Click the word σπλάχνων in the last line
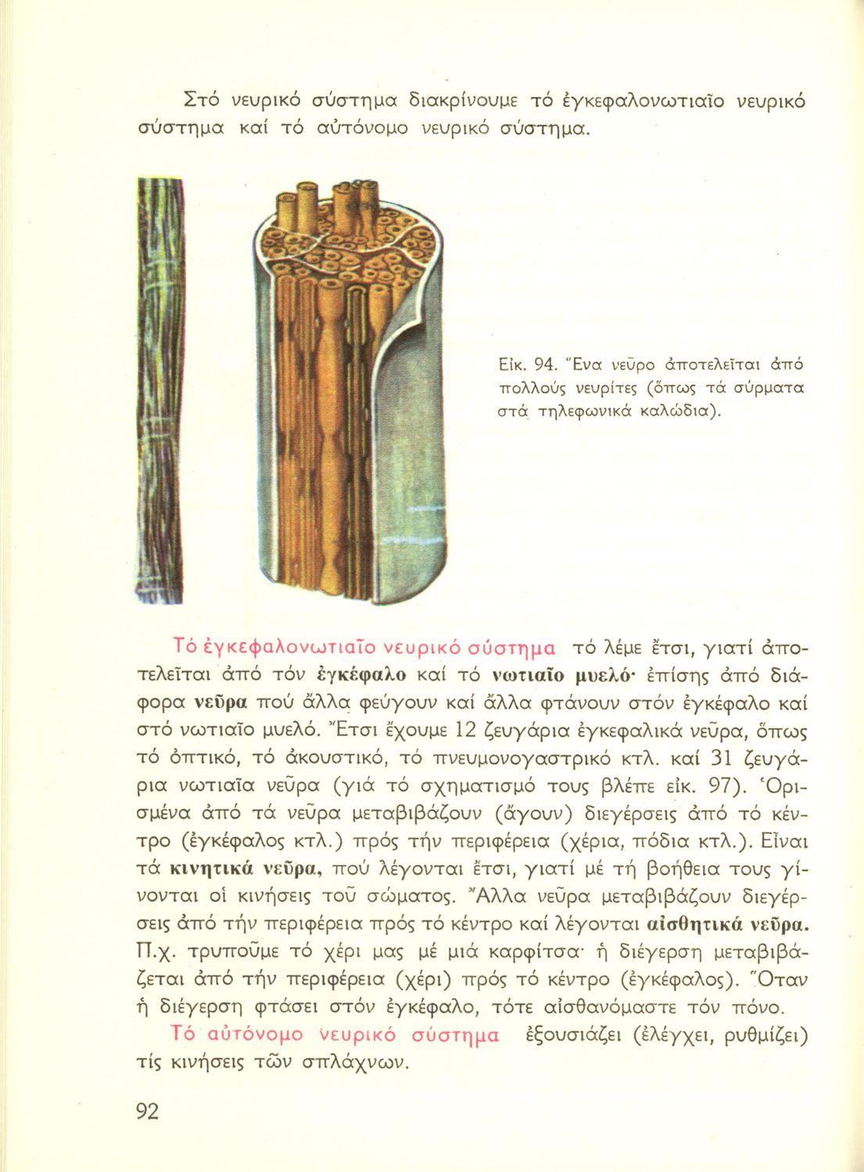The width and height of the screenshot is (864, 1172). coord(360,1063)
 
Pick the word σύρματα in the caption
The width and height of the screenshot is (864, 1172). coord(747,388)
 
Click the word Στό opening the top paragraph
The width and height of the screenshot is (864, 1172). coord(193,101)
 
